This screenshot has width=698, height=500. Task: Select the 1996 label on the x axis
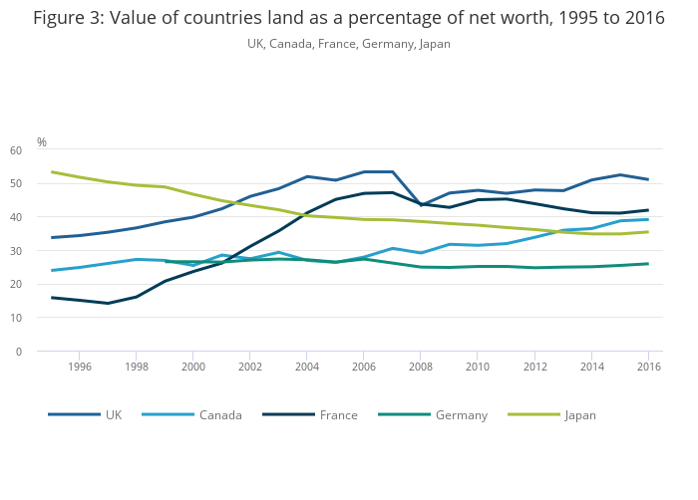(x=80, y=367)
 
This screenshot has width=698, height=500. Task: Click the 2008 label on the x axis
(x=421, y=367)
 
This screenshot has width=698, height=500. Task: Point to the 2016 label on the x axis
(x=648, y=367)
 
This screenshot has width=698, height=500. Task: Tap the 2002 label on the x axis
(x=250, y=367)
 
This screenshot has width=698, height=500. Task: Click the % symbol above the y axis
(x=42, y=142)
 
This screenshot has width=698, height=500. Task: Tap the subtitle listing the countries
(x=349, y=44)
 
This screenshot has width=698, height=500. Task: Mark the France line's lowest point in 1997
(x=108, y=303)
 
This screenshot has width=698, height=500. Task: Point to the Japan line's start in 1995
(x=52, y=172)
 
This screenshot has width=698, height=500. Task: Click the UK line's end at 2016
(x=648, y=179)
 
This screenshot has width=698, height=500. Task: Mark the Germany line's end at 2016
(x=648, y=264)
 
